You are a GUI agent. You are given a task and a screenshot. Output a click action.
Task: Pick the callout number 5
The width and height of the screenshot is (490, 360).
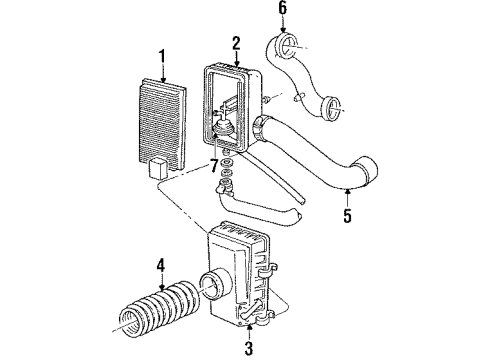347,213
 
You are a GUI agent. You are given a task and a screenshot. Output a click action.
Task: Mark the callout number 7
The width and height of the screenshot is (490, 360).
213,163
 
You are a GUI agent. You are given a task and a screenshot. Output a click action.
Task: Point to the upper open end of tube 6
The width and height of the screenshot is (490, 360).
286,45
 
